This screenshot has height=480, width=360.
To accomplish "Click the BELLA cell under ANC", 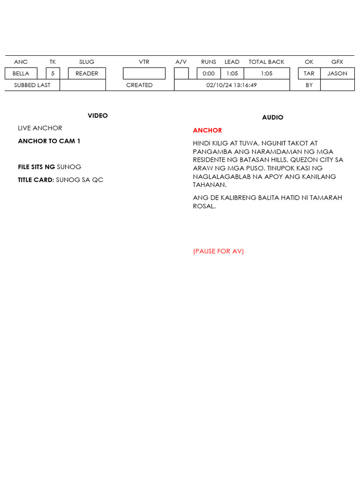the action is [x=21, y=74].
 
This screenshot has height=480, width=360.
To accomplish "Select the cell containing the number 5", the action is [x=53, y=74].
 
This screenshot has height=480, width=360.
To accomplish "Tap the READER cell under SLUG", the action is [x=87, y=74].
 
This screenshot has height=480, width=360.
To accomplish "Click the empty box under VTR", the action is [x=144, y=74].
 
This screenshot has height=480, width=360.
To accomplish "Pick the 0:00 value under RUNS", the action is [x=209, y=74].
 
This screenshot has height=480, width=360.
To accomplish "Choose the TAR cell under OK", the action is [x=309, y=74].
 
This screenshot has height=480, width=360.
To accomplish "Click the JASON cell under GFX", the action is [x=337, y=74].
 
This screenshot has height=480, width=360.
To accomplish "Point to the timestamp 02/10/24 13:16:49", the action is [x=232, y=85].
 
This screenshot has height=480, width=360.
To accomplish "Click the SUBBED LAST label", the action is [x=32, y=85].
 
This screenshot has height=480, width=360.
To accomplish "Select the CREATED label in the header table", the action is [x=139, y=85].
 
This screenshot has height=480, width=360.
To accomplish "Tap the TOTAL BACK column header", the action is [x=266, y=62].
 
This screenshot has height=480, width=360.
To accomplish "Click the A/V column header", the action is [x=181, y=62].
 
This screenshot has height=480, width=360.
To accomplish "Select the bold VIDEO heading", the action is [x=97, y=116].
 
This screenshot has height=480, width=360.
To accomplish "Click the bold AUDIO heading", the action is [x=272, y=118].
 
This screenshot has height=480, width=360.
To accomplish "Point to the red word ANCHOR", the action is [x=207, y=130].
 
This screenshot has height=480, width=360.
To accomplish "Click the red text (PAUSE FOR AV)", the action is [x=218, y=251].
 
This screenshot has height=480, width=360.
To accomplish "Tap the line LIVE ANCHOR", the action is [x=40, y=128].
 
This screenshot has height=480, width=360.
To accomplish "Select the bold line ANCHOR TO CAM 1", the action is [x=49, y=141].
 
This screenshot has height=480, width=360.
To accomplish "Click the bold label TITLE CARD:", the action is [x=36, y=180].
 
